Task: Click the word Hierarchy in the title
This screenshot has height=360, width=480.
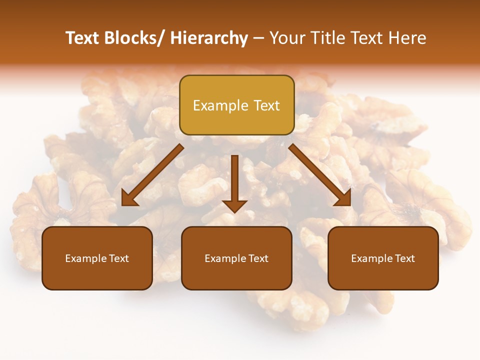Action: (208, 38)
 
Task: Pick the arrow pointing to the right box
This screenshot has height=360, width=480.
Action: (320, 175)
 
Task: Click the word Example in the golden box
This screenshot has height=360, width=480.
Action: (220, 106)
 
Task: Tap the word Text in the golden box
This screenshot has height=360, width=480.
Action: (266, 106)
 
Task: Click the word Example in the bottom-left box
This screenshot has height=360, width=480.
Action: (85, 258)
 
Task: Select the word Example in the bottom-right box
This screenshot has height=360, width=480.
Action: (371, 258)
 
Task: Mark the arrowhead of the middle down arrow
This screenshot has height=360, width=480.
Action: (234, 205)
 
